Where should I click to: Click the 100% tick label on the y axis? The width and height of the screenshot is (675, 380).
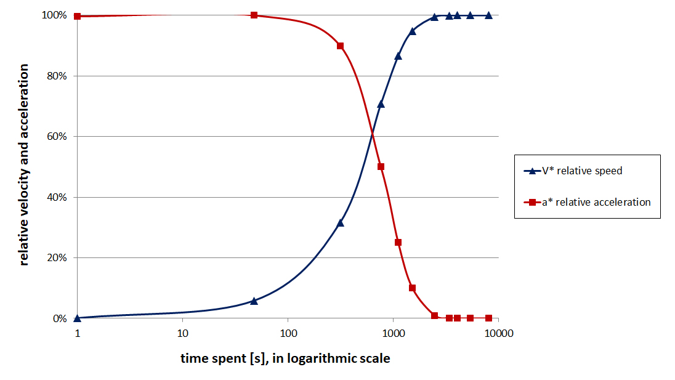54,15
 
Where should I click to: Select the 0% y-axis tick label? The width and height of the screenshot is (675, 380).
59,319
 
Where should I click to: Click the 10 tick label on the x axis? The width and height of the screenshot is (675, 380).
182,334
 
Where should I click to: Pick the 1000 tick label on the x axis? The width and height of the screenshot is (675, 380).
393,334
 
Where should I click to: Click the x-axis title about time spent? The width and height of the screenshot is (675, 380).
285,358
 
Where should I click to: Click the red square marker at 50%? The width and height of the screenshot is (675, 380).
381,167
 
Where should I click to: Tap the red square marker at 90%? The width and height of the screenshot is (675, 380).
340,46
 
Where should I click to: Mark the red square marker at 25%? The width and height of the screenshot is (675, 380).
398,243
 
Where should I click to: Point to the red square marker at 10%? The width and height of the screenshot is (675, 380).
412,288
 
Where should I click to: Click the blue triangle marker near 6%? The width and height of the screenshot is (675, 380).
254,301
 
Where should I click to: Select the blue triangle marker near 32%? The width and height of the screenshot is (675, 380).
340,222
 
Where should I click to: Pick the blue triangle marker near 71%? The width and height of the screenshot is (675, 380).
381,103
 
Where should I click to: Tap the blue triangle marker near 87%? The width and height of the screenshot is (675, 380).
398,56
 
